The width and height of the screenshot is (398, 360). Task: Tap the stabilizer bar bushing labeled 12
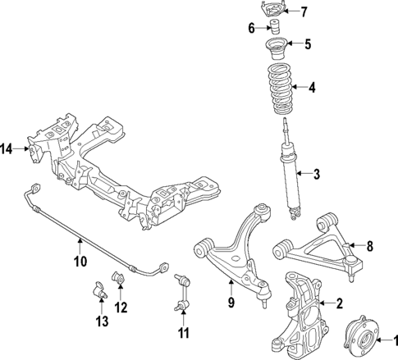point(118,280)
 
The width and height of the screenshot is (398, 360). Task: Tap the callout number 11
point(183,333)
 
